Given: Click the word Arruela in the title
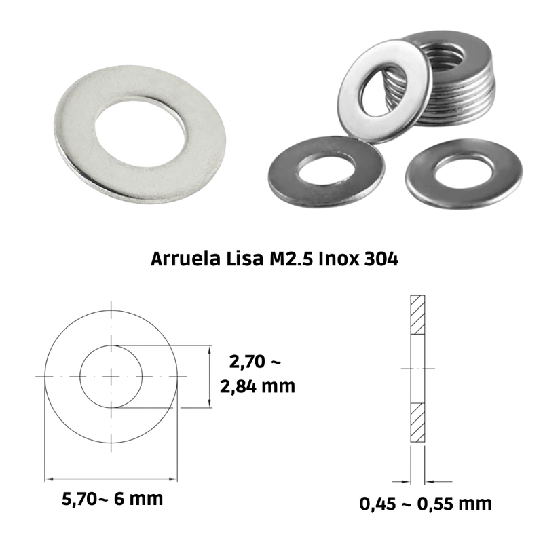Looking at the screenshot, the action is click(185, 259).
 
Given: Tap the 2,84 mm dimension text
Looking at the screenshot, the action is click(257, 386).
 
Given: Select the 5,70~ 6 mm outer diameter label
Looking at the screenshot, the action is click(112, 499).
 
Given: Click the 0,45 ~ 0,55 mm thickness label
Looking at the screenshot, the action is click(426, 504).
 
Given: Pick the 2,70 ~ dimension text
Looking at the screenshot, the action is click(255, 362).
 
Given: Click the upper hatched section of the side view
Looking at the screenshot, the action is click(417, 315).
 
